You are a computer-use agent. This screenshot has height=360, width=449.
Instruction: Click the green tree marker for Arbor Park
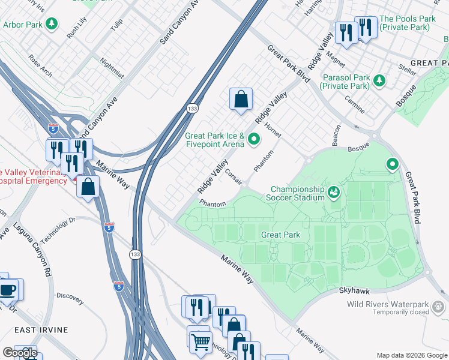(52, 24)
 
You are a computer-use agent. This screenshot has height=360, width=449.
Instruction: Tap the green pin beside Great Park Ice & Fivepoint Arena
(254, 140)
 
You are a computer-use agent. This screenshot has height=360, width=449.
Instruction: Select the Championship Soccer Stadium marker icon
(334, 193)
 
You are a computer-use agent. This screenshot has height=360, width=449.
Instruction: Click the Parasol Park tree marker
(379, 80)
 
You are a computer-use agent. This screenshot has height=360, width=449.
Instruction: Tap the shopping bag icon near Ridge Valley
(241, 99)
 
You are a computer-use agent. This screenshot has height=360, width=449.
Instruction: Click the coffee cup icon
(8, 290)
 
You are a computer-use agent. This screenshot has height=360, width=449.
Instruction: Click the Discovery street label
(70, 296)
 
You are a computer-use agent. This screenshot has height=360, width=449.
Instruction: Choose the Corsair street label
(234, 175)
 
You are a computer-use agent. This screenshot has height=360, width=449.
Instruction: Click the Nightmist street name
(112, 68)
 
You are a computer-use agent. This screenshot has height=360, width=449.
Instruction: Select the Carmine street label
(359, 107)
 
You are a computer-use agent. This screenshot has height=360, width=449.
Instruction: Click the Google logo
(20, 353)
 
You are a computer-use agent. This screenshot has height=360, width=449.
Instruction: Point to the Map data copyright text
(411, 355)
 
